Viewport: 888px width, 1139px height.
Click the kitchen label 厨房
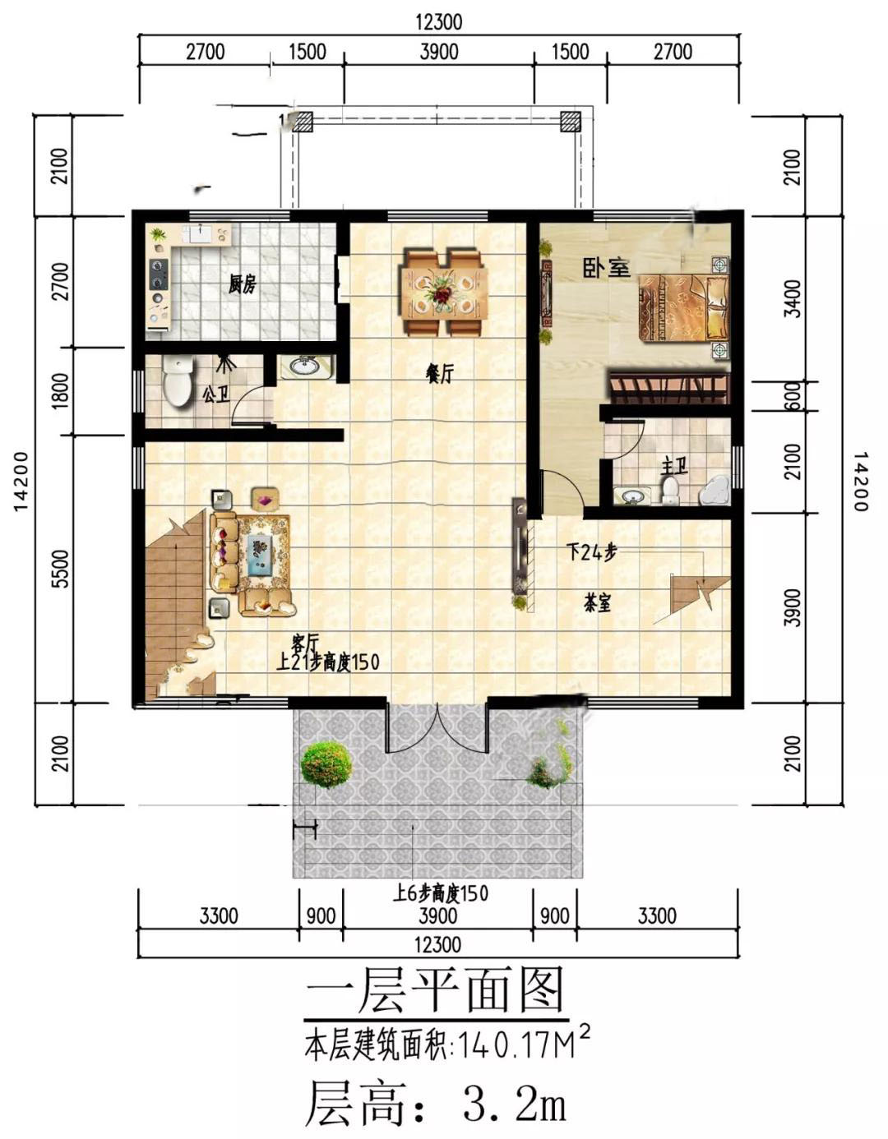242,286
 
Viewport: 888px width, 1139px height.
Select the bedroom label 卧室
606,268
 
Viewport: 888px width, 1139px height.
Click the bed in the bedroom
683,308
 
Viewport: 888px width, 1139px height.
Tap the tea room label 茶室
597,604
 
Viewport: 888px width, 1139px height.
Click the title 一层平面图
436,990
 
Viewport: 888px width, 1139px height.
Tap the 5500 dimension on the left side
62,569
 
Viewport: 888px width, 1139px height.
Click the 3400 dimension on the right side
793,299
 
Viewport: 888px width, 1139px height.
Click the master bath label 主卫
674,466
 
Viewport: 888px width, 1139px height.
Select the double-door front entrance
437,726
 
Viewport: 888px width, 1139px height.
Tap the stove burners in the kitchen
158,274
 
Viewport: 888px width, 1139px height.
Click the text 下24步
592,552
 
